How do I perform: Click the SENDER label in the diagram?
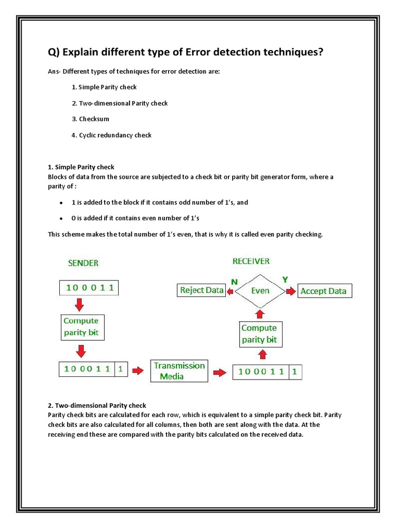83,263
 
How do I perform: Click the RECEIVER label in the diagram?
251,261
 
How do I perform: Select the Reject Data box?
201,290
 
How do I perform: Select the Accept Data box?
323,291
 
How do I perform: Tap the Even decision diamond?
260,291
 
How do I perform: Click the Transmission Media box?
179,371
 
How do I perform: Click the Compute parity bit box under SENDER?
81,327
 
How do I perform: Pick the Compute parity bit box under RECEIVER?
259,334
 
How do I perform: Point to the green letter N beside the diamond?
234,282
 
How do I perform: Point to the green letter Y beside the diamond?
284,279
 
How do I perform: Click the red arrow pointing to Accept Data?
292,291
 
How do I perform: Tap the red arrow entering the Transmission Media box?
138,370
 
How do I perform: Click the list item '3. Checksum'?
90,119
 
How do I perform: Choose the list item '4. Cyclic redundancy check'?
111,135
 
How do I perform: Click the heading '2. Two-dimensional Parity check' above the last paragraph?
97,406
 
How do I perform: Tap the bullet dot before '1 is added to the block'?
61,203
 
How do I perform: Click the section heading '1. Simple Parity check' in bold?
81,167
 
